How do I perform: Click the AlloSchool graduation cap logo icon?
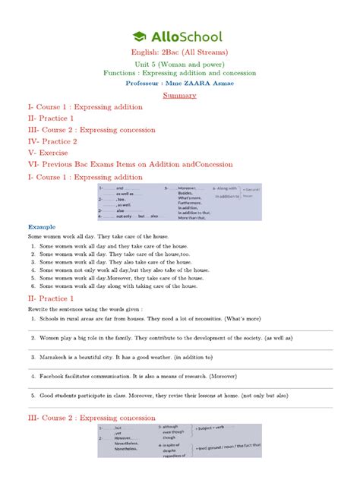pos(140,36)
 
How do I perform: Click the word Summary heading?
pos(180,95)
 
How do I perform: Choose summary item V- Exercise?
pos(50,152)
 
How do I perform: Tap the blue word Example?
pos(43,227)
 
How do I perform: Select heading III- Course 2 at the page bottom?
pos(91,418)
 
